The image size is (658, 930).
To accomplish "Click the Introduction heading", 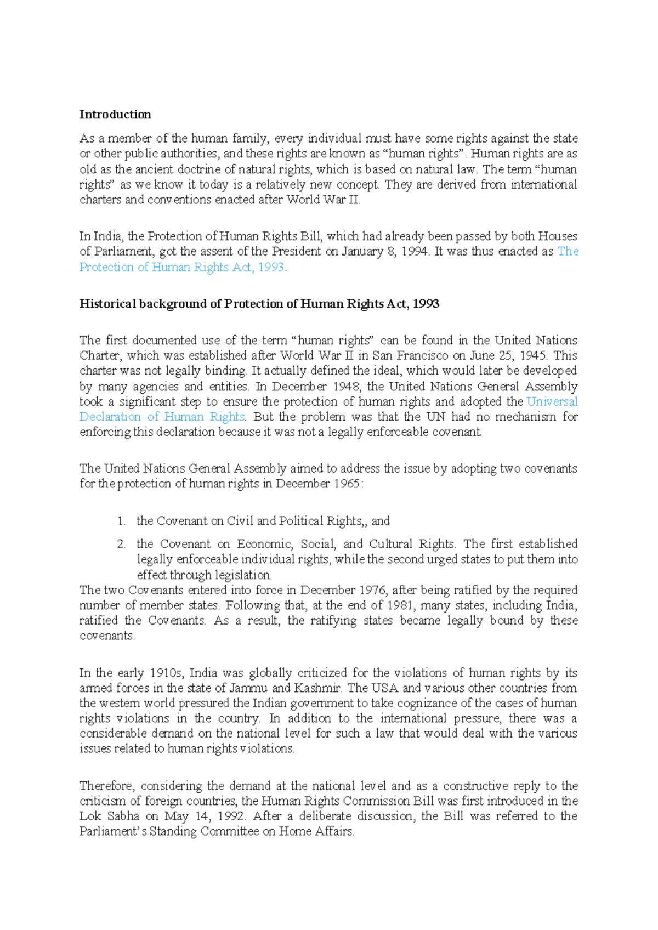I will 115,115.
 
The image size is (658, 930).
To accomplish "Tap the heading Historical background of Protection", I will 259,304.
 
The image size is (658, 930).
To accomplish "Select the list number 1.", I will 121,521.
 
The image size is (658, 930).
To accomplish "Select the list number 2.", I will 121,545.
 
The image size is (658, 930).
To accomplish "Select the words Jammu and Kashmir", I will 286,688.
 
